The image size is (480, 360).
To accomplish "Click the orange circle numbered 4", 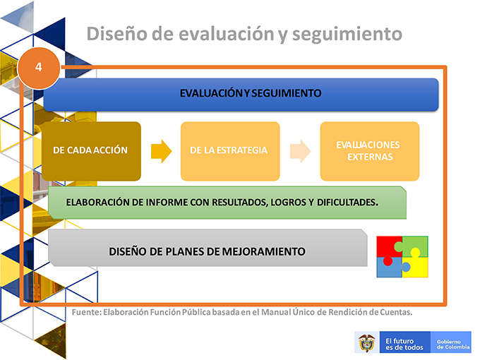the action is pos(39,68).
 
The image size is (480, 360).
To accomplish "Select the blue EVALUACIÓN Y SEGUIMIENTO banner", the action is pos(241,95).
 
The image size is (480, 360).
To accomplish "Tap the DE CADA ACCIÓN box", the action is pos(91,151).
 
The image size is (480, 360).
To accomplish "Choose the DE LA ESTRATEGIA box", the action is pos(230,151).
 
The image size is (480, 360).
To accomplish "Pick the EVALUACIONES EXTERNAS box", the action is pos(370,151).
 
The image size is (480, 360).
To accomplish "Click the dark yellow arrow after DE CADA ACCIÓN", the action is pos(162,151).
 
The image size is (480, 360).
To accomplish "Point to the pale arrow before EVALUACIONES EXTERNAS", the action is pos(300,151).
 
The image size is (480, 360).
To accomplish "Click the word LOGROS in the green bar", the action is pos(288,203).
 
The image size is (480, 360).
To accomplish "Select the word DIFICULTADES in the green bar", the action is pos(347,203).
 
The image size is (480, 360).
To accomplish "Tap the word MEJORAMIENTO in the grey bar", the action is pos(263,251).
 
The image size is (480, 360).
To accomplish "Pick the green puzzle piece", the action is pos(413,246).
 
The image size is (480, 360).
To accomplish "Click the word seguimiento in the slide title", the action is pos(347,35).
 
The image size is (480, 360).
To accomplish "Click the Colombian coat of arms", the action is pos(367,342).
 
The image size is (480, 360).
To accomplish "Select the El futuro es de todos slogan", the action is pos(404,344).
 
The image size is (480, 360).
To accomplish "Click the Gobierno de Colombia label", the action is pos(453,344).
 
